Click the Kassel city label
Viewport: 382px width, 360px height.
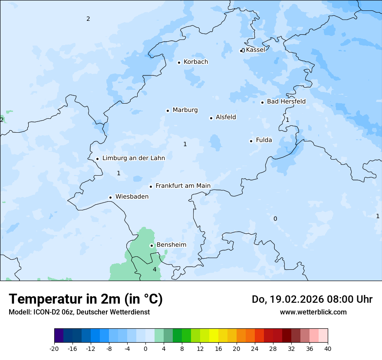tap(255, 50)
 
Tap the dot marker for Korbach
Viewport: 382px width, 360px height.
tap(179, 62)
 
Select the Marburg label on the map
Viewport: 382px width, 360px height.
tap(185, 110)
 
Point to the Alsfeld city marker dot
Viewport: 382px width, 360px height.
tap(211, 118)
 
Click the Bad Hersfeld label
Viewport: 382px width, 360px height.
tap(286, 102)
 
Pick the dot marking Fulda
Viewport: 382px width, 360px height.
tap(251, 141)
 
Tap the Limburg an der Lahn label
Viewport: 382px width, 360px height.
tap(133, 158)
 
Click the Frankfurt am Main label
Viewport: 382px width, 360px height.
tap(183, 186)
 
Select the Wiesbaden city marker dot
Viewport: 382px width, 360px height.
tap(110, 197)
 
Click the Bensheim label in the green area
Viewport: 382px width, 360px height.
tap(171, 245)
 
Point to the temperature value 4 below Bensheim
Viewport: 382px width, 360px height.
tap(155, 270)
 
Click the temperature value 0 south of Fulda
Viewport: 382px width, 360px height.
tap(275, 219)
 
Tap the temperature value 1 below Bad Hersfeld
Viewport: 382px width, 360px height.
tap(287, 120)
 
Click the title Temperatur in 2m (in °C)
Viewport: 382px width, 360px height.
tap(86, 299)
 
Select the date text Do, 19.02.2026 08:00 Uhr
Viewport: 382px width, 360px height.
tap(312, 299)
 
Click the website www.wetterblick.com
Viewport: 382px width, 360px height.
tap(313, 312)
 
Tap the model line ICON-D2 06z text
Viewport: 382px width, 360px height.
tap(79, 312)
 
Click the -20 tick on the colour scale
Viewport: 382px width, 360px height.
tap(54, 349)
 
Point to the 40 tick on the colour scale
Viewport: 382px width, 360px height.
tap(328, 349)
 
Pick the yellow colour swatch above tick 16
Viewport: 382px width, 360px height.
tap(214, 336)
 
